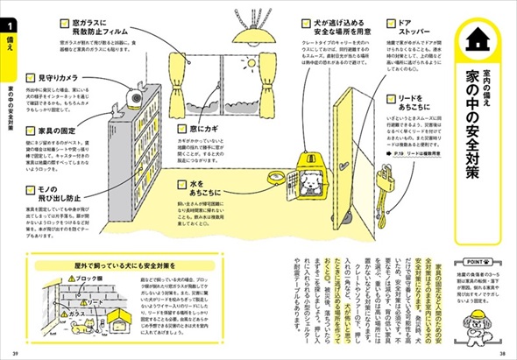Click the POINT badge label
pos(483,260)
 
